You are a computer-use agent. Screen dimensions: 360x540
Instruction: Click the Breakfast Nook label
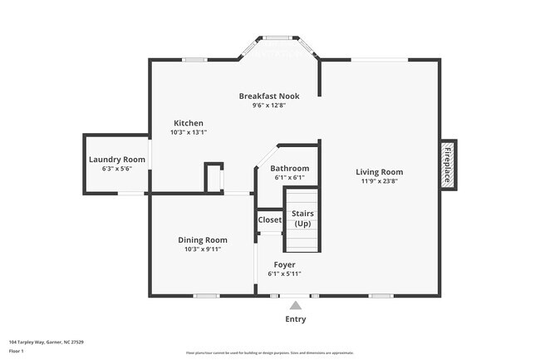(269, 96)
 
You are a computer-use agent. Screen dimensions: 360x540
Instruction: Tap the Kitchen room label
(188, 122)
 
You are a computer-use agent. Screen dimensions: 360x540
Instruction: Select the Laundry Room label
(116, 160)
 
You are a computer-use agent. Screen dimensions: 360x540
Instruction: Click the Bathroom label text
(289, 168)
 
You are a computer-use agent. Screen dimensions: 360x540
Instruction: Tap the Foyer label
(284, 264)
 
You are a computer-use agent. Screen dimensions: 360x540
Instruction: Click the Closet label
(269, 220)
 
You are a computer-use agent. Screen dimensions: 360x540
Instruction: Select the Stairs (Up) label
(302, 219)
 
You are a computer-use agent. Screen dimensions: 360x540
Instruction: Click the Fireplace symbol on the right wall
(448, 164)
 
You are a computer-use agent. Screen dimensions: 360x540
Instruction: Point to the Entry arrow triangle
(296, 305)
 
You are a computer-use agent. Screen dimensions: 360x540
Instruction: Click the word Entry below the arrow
(296, 319)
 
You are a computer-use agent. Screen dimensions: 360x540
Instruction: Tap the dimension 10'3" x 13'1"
(188, 131)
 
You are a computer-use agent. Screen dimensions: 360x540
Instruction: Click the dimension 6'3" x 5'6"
(116, 169)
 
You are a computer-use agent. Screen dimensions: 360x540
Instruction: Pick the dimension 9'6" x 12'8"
(269, 105)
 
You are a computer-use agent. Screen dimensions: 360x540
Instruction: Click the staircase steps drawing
(302, 241)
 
